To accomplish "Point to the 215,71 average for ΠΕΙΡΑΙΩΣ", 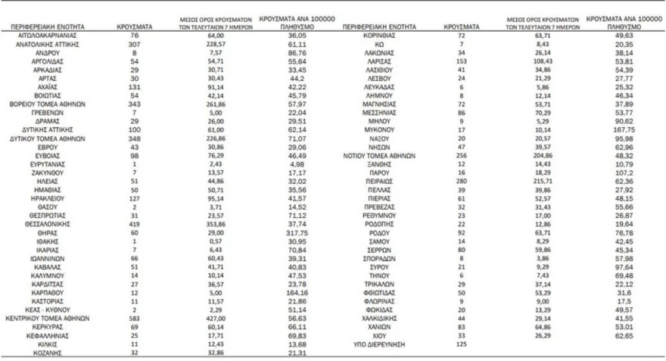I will (539, 183).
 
